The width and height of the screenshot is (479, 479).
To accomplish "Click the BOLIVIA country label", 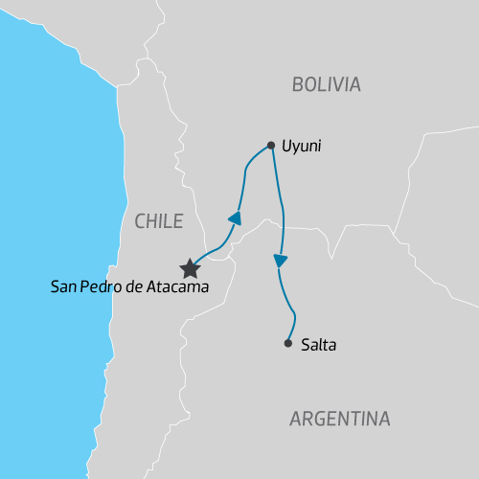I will point(326,84).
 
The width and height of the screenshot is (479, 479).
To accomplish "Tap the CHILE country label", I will point(158,221).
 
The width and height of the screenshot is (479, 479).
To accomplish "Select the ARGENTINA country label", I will point(339,419).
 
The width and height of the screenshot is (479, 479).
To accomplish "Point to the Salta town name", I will point(317,344).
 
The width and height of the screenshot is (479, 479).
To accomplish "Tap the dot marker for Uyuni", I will point(271,146).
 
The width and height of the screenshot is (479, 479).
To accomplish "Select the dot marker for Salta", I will point(287,343).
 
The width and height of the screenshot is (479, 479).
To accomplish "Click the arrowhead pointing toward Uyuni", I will point(234,218).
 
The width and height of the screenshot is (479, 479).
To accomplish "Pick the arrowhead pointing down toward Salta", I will point(280,261).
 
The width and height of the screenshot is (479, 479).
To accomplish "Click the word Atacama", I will point(175,286).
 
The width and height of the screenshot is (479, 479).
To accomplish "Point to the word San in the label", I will point(63,286).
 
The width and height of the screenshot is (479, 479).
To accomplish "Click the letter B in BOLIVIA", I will point(297,84).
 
